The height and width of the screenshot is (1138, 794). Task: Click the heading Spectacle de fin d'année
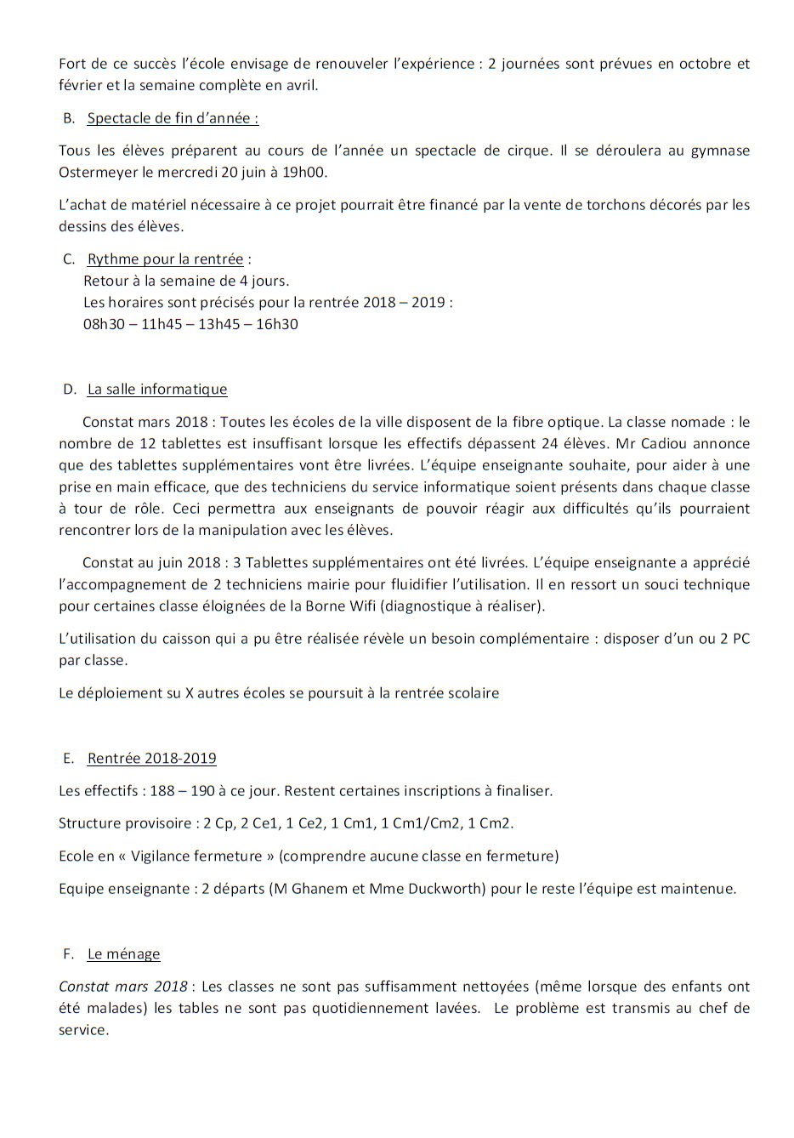coord(173,118)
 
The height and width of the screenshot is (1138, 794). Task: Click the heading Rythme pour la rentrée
coord(165,259)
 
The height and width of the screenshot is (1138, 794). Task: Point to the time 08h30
coord(104,324)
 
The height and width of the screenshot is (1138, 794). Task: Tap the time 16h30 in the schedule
coord(277,324)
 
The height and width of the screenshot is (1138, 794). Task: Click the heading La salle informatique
coord(157,390)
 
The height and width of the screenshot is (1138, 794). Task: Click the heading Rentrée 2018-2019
coord(151,759)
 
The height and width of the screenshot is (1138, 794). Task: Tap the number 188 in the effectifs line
coord(162,791)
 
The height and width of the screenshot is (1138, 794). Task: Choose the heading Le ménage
coord(123,954)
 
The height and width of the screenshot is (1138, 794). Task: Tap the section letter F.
coord(67,954)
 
